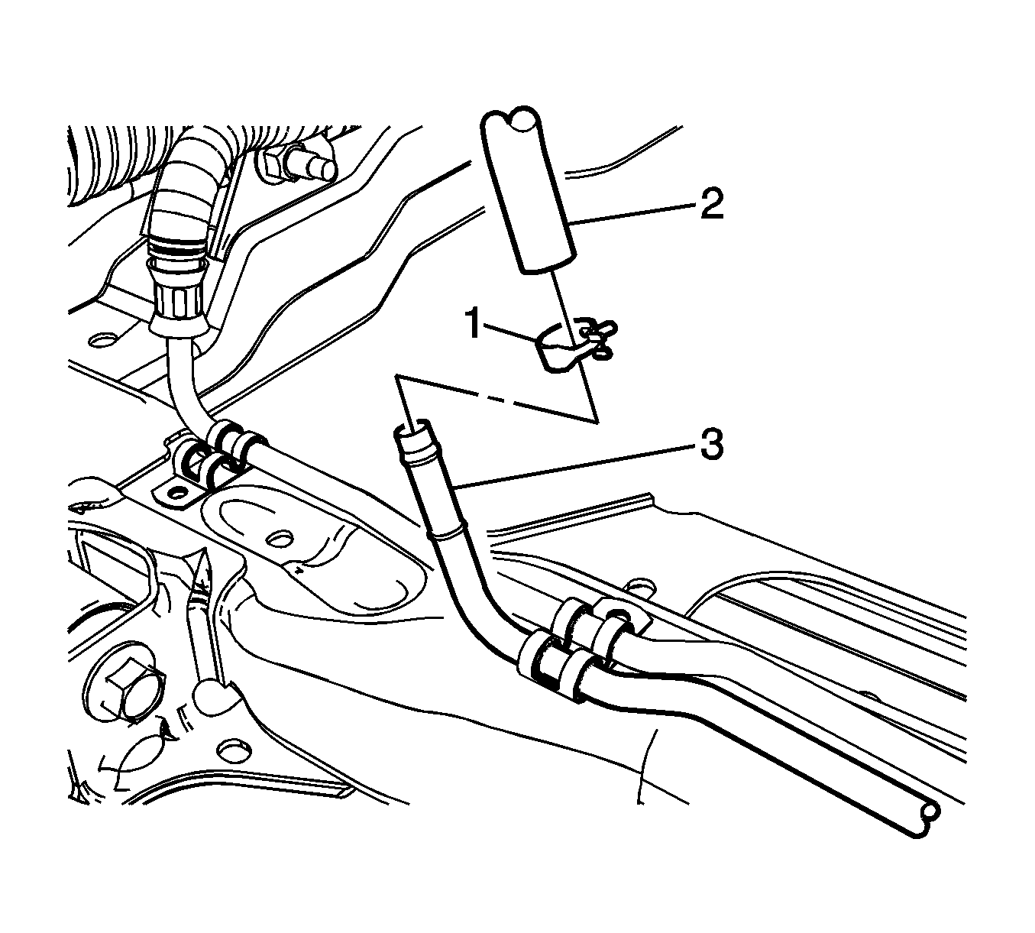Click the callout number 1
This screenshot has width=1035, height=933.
(474, 324)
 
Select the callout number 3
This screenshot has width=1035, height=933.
(711, 444)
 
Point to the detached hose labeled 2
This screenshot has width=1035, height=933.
(529, 190)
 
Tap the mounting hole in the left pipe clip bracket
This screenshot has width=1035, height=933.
(176, 493)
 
